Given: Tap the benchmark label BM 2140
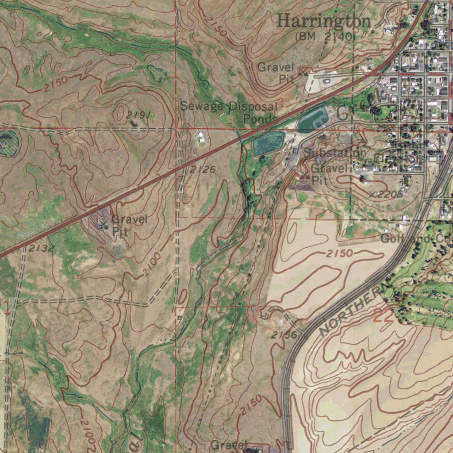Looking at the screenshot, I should [325, 37].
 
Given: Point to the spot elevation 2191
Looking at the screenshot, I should [138, 115].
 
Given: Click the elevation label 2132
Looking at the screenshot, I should [41, 249].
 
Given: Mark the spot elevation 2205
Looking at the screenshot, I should [388, 194].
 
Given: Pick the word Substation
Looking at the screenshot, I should [334, 153].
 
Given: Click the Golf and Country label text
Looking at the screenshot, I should [416, 239].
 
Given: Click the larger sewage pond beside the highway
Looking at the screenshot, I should [268, 142].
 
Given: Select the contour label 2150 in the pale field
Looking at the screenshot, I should [340, 253].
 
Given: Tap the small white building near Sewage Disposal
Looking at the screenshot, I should [202, 137].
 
